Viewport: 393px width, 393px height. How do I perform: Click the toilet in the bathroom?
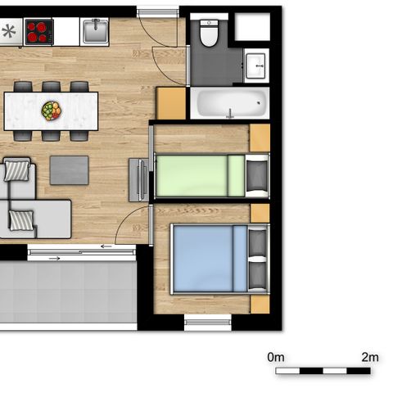tap(209, 34)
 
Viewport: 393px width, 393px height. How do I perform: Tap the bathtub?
tap(229, 104)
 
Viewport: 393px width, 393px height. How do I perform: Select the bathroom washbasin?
tap(255, 64)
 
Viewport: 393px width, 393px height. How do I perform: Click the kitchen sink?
tap(95, 31)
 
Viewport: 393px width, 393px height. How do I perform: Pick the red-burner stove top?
tap(38, 31)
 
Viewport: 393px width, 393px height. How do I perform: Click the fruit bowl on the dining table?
tap(52, 110)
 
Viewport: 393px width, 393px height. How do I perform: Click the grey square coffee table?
tap(69, 169)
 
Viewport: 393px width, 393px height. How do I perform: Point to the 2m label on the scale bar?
tap(370, 357)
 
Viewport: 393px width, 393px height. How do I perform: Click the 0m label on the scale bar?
tap(276, 357)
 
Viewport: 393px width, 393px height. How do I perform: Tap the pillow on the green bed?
tap(257, 175)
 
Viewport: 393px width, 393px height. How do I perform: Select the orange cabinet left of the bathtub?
tap(172, 103)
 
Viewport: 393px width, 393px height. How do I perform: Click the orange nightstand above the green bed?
tap(260, 137)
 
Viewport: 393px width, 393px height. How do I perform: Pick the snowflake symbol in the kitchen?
tap(10, 32)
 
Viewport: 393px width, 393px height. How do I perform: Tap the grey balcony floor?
tap(65, 295)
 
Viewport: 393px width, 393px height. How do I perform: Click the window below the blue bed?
tap(208, 323)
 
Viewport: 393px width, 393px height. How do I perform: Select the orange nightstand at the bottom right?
tap(260, 304)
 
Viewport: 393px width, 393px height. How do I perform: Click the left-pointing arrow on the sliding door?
tap(106, 246)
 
